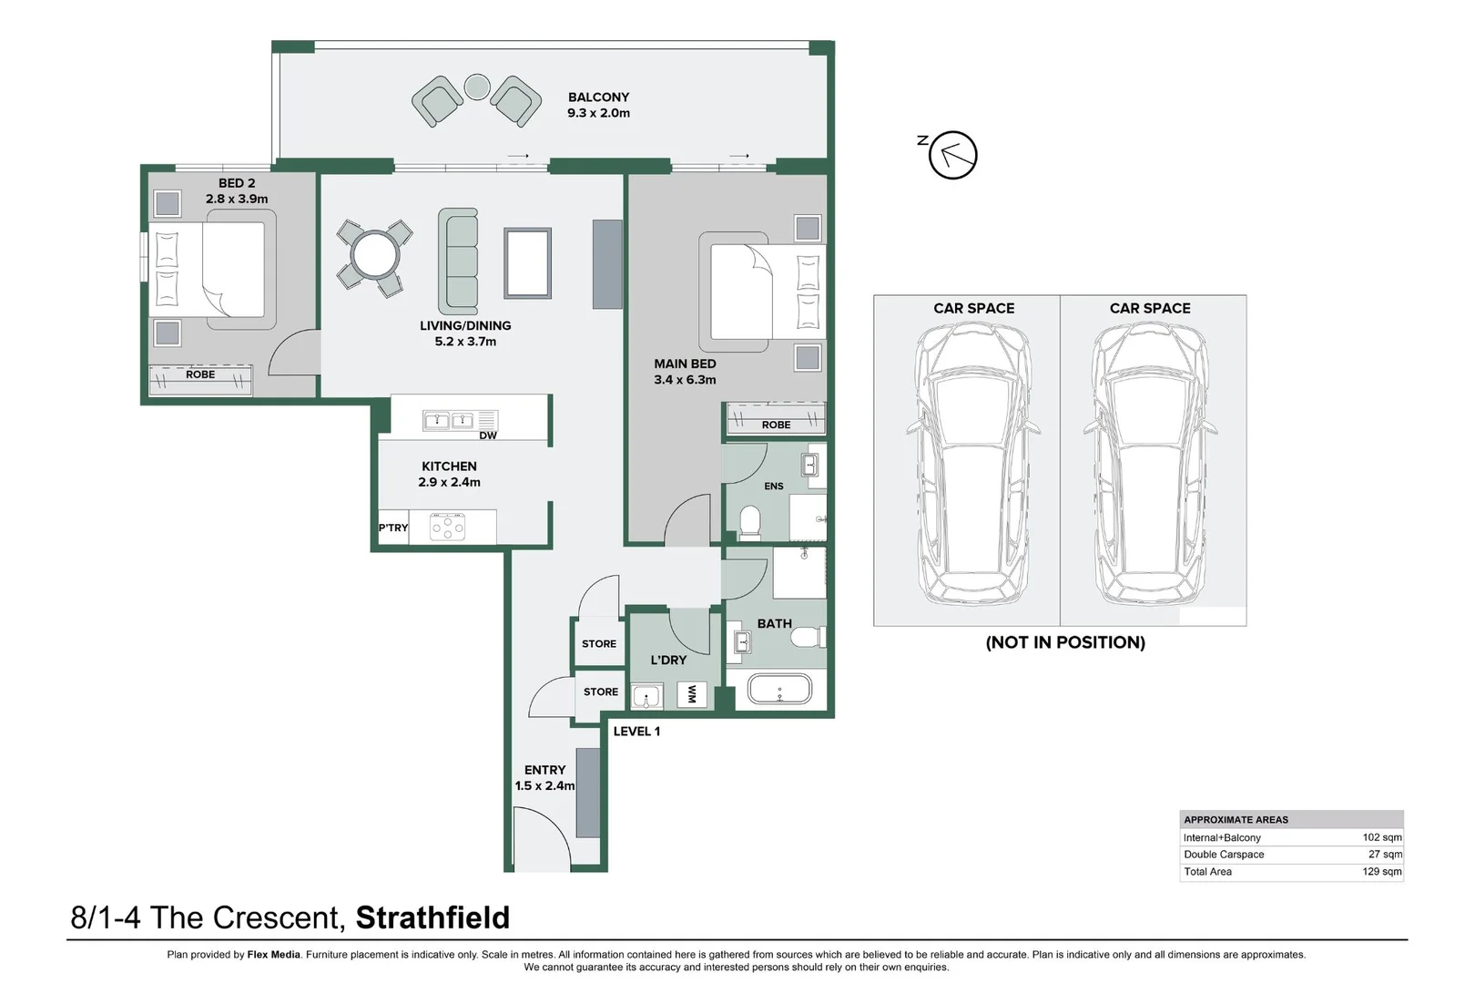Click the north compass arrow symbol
(952, 155)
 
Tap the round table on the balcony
(477, 87)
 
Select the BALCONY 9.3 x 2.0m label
(598, 105)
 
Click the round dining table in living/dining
(375, 254)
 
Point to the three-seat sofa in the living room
(458, 261)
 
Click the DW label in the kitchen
(488, 436)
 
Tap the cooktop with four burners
(448, 527)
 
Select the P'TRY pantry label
(393, 528)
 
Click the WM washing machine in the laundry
(692, 694)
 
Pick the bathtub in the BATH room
(779, 690)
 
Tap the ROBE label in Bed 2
(200, 374)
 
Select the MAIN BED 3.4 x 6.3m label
(685, 372)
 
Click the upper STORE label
(599, 643)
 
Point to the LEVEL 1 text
(636, 731)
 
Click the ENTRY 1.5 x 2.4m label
(544, 777)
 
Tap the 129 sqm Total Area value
(1381, 872)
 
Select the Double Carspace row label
(1224, 855)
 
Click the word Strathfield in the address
(432, 917)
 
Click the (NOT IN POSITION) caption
(1065, 642)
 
